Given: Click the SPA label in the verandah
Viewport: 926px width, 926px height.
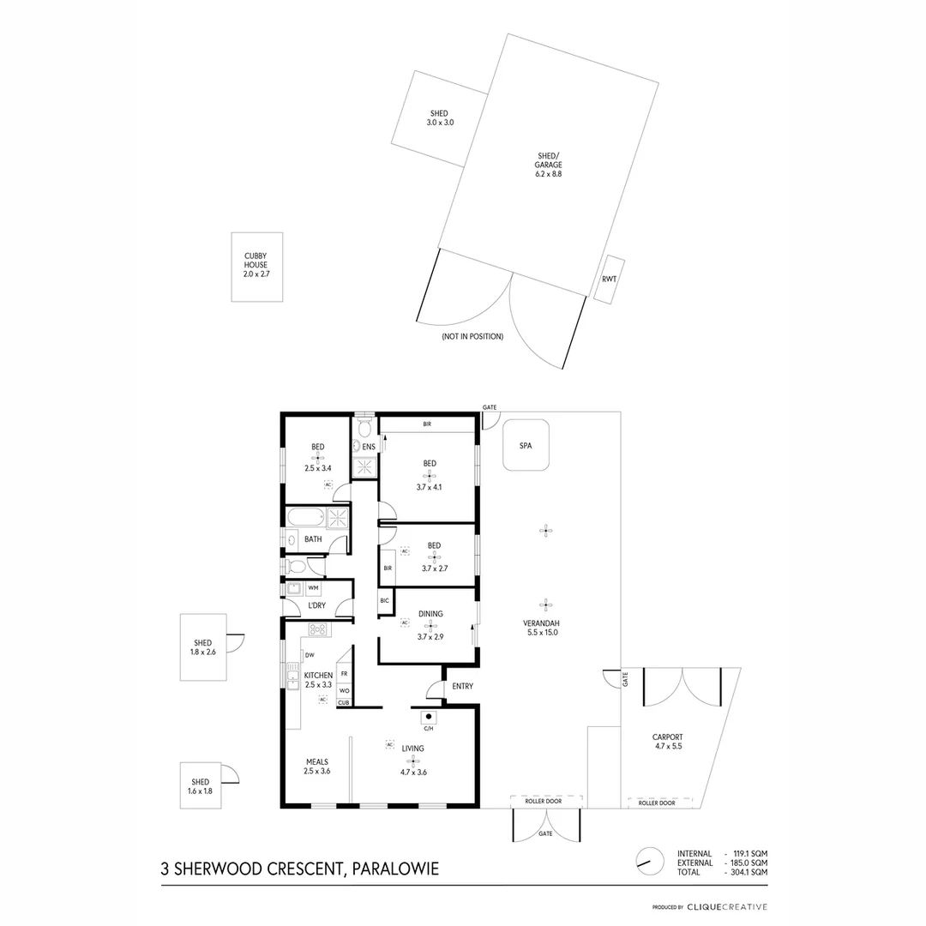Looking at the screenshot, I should (x=526, y=446).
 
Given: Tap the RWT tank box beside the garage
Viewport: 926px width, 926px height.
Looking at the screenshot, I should (x=610, y=278).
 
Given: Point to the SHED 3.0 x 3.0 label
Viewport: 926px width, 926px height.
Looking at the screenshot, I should (x=439, y=118).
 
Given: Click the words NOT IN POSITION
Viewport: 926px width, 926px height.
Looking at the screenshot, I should (x=472, y=337).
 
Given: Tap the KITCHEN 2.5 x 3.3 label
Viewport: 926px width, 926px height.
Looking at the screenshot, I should (x=318, y=680).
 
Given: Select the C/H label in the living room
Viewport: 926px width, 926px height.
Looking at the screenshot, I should (x=429, y=729).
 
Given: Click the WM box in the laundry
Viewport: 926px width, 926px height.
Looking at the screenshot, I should (x=313, y=588).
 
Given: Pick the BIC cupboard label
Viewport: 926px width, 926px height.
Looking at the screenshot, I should (x=385, y=601).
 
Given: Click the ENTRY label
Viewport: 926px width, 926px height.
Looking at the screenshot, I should (x=462, y=686).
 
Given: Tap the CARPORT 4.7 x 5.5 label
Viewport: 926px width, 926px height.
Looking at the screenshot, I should (x=667, y=742).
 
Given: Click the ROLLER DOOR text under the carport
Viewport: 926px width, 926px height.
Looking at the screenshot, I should (x=656, y=803).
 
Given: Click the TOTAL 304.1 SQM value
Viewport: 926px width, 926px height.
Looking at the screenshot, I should (x=747, y=872).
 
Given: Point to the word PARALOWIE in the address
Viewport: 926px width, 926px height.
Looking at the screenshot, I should (x=396, y=869).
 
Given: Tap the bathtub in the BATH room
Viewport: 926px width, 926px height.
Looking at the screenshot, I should (x=306, y=517).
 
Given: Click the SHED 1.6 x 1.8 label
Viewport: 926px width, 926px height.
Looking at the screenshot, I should (x=201, y=786).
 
